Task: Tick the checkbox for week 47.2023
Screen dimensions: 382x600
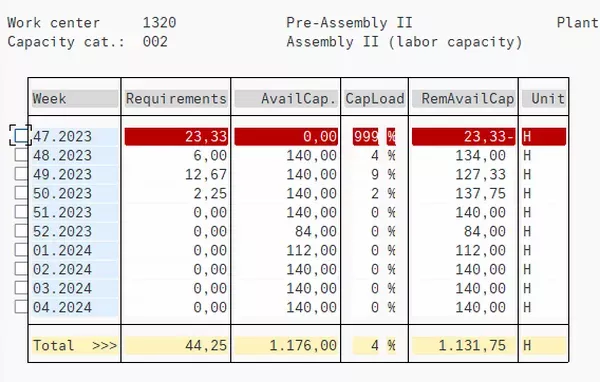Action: pos(22,136)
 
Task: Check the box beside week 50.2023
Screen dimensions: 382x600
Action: pos(22,193)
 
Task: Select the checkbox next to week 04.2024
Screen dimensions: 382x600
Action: pos(22,307)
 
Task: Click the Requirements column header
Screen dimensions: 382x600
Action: pos(176,99)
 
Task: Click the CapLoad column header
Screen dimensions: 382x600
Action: pos(375,99)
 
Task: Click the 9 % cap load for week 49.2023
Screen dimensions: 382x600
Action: pos(375,174)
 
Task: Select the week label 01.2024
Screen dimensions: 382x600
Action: pos(61,250)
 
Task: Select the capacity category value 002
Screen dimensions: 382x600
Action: pos(154,41)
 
